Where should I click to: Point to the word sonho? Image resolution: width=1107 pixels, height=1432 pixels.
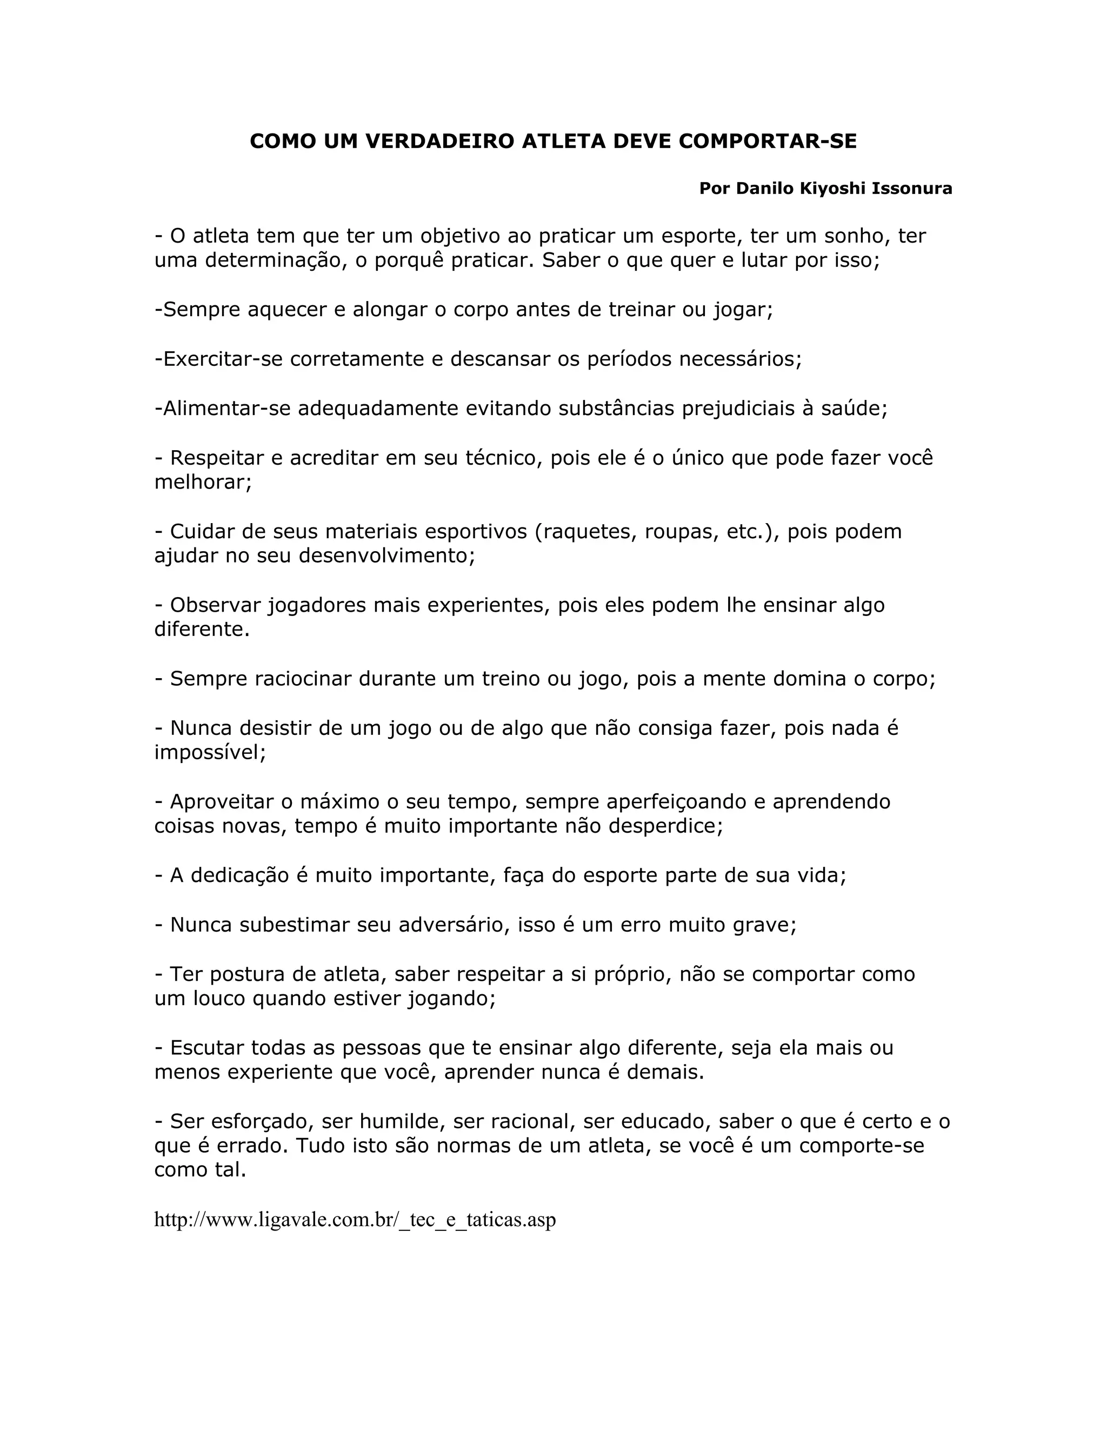coord(855,236)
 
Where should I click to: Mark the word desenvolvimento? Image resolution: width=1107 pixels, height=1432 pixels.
coord(385,556)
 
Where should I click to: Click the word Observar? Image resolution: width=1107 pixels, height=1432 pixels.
coord(215,605)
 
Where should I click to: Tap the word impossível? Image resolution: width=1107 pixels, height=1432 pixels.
coord(209,752)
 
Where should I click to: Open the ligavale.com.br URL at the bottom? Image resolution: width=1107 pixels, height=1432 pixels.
coord(355,1220)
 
